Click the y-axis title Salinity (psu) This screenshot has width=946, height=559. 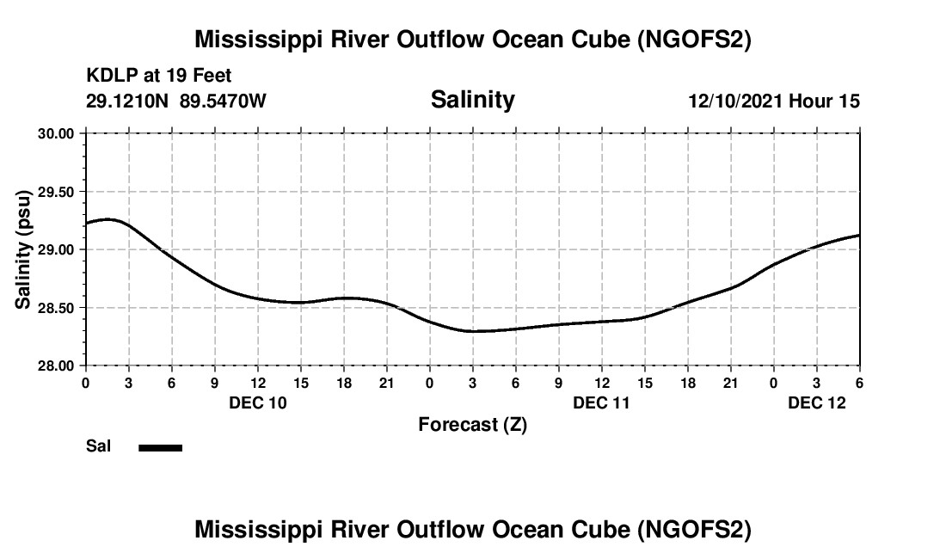click(x=23, y=249)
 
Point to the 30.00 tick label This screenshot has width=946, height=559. click(x=56, y=133)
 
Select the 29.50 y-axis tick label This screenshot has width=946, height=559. click(x=56, y=192)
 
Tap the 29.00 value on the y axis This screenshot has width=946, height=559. click(x=56, y=249)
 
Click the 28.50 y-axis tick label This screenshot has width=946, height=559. click(x=56, y=308)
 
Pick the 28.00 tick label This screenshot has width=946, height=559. click(x=56, y=365)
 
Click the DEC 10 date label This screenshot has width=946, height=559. click(x=257, y=402)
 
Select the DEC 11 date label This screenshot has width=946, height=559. click(x=601, y=402)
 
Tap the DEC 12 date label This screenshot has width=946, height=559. click(x=816, y=402)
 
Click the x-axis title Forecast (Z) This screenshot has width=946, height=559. click(x=472, y=424)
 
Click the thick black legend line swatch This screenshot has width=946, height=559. click(x=161, y=447)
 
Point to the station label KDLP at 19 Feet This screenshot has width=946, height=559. click(x=159, y=77)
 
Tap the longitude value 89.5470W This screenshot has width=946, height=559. click(x=223, y=101)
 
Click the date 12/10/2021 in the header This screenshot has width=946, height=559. click(x=735, y=101)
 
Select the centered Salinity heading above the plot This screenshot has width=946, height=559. click(x=472, y=100)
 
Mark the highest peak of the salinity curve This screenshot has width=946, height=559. click(x=108, y=219)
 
